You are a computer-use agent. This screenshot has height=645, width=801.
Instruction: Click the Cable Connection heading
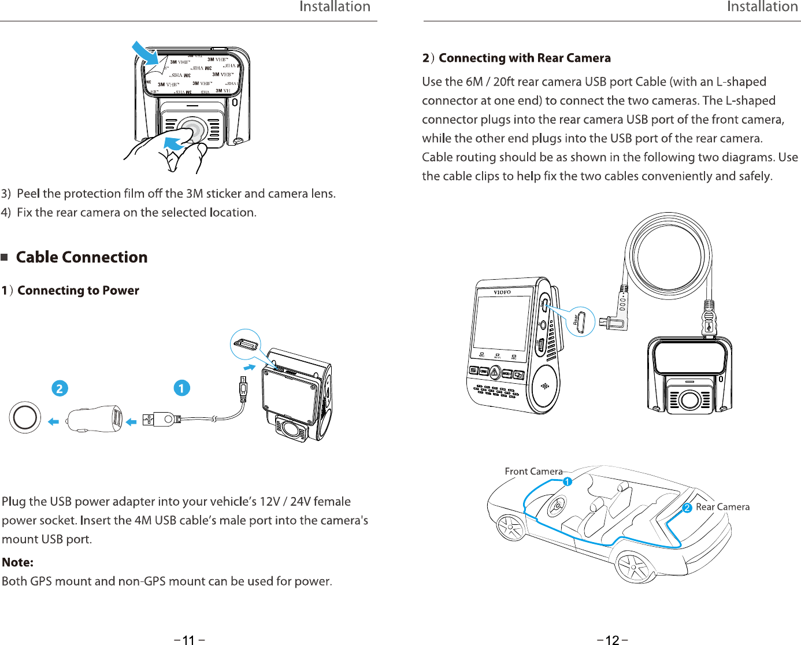(81, 257)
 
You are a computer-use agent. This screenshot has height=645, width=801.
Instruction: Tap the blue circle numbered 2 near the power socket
(60, 388)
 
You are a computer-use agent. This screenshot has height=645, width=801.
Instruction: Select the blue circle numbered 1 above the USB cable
(181, 388)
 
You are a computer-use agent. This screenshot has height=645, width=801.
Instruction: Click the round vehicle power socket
(25, 417)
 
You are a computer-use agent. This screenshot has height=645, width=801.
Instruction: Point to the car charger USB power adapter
(95, 419)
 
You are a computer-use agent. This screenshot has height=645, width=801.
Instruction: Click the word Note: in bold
(18, 562)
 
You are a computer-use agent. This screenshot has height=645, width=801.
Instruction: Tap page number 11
(189, 640)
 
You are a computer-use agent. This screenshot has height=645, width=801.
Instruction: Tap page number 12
(612, 640)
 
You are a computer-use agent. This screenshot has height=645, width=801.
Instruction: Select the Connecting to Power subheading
(78, 290)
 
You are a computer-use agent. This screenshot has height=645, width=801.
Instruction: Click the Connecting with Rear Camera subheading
(524, 58)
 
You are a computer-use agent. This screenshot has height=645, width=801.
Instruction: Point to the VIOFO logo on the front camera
(502, 292)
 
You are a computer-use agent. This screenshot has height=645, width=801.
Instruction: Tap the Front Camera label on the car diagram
(533, 472)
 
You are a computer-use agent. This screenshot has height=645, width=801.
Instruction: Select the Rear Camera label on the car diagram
(722, 507)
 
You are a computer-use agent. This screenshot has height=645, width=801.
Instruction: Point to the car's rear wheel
(634, 565)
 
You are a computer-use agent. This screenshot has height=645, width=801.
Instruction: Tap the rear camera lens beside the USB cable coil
(689, 399)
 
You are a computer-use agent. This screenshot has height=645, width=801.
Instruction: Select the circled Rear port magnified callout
(580, 321)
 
